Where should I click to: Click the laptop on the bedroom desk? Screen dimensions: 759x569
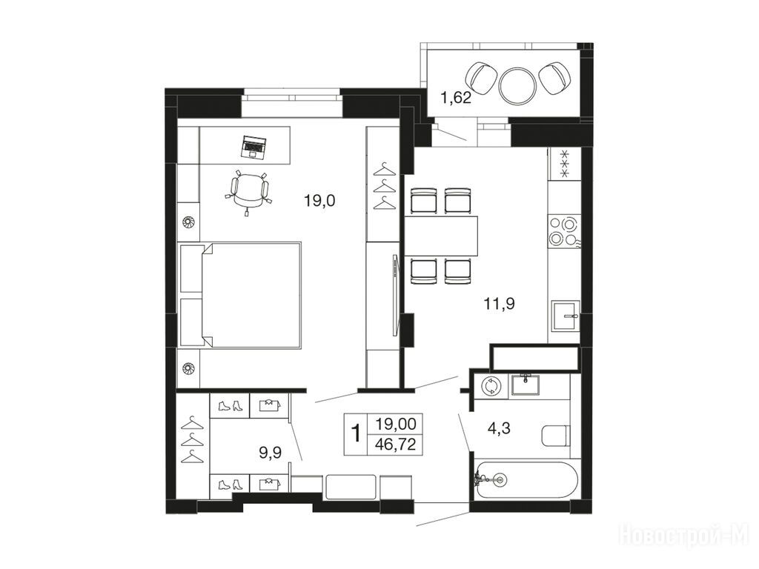[x=254, y=147]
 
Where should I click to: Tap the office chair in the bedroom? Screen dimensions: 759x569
[x=249, y=190]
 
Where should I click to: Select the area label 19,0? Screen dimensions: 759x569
[x=319, y=200]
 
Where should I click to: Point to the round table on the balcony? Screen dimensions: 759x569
[x=518, y=85]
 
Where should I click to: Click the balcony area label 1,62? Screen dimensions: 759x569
[x=456, y=98]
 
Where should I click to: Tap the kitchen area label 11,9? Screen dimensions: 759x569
[x=499, y=304]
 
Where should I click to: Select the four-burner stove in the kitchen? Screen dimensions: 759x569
[x=564, y=231]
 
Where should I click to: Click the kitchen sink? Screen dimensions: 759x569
[x=566, y=316]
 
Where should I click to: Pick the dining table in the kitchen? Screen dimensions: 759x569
[x=441, y=236]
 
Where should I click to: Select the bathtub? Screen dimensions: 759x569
[x=526, y=480]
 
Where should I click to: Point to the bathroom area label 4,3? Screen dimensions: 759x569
[x=499, y=428]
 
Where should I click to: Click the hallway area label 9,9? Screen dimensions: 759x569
[x=271, y=453]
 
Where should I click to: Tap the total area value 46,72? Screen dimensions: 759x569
[x=396, y=445]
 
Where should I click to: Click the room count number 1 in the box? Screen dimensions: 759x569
[x=356, y=433]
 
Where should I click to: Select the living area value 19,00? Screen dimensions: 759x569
[x=396, y=425]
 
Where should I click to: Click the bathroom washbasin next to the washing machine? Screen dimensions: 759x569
[x=526, y=385]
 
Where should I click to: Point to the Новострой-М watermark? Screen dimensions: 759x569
[x=684, y=535]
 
